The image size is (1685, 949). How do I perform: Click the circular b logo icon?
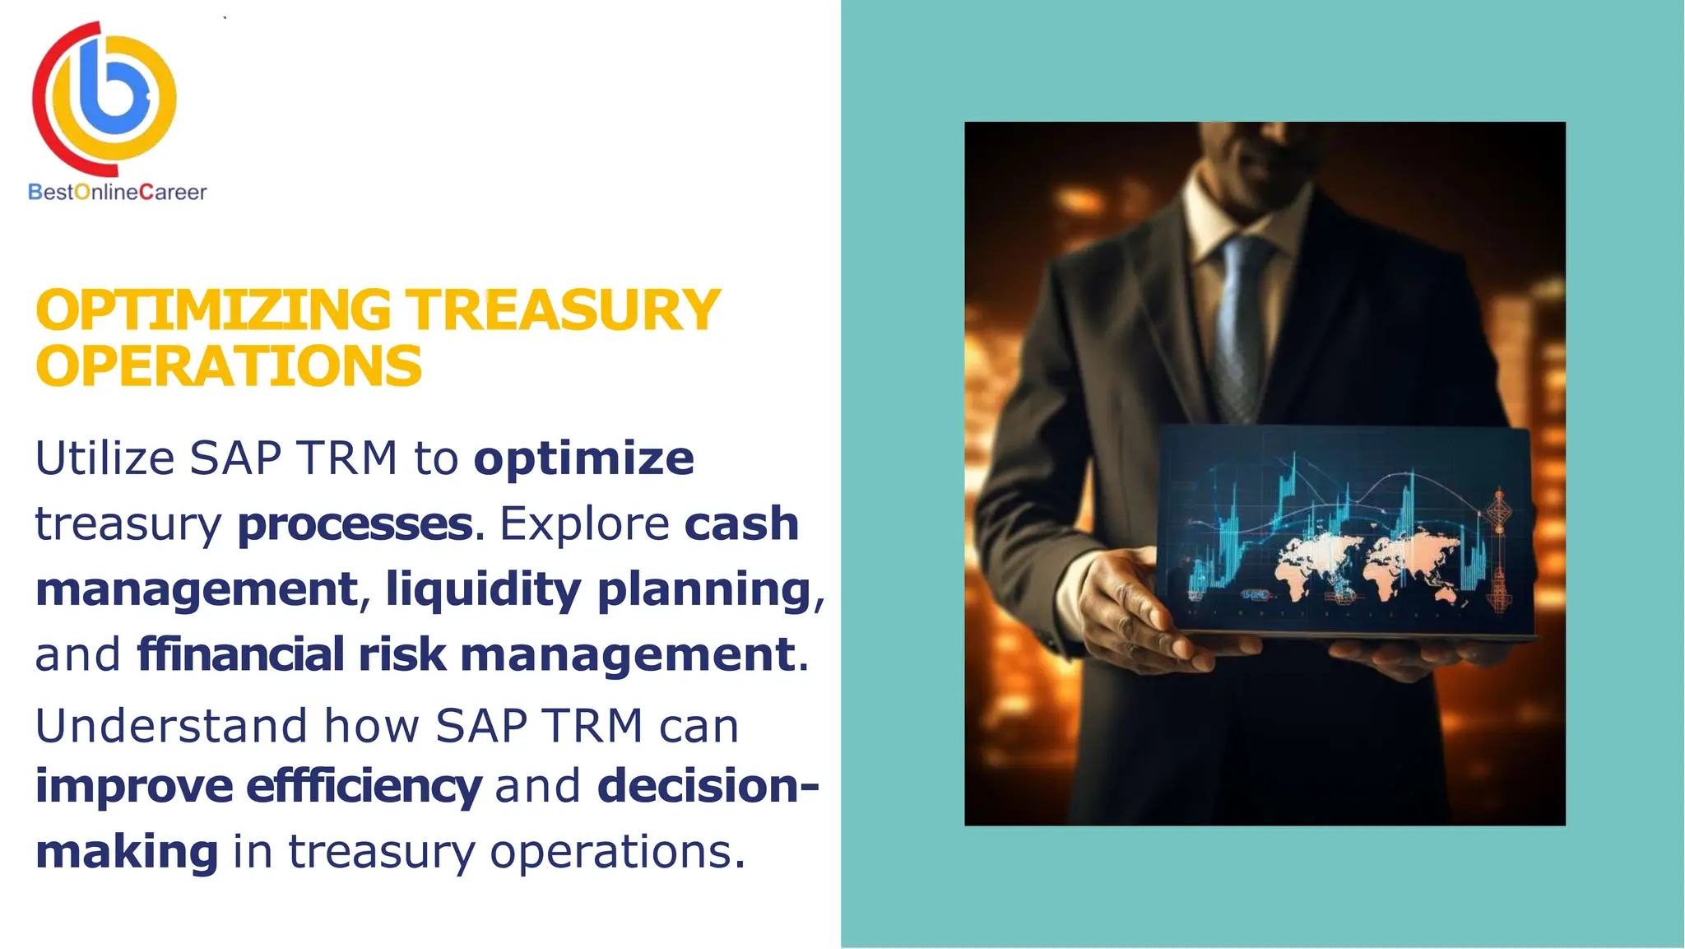104,97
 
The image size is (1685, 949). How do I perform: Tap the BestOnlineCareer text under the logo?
118,193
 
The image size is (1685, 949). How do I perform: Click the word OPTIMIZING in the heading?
213,311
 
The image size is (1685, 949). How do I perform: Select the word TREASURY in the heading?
564,311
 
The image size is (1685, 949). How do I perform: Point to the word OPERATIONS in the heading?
229,367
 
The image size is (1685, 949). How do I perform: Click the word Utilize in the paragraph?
104,458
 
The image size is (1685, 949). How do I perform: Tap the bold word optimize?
583,458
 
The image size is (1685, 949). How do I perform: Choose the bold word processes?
355,524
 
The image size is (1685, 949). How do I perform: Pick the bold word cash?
741,524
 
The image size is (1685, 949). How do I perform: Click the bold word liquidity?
483,589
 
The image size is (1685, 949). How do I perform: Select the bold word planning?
704,589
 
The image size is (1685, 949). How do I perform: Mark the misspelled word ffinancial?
239,654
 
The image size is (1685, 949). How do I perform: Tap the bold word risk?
402,654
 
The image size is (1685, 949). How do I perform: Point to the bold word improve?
134,786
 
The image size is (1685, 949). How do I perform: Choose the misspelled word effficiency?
364,786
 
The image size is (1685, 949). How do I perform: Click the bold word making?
127,851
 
